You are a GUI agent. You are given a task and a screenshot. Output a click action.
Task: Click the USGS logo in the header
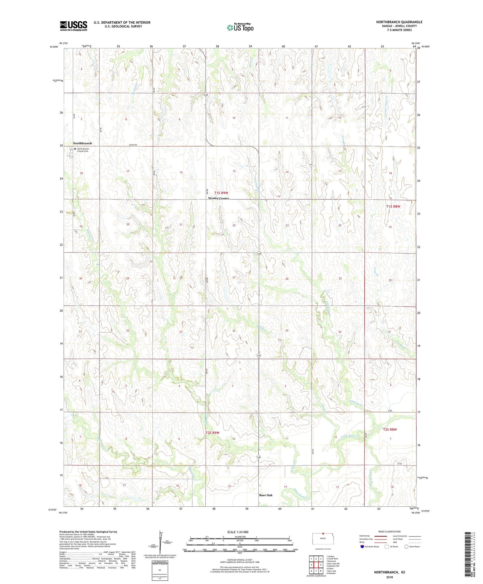[74, 26]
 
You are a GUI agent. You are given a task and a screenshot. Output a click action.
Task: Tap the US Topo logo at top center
[240, 27]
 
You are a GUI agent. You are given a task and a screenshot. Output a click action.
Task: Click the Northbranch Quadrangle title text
[399, 22]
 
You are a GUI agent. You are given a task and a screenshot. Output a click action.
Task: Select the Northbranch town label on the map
[82, 143]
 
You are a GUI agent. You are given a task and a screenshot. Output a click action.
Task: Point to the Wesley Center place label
[218, 198]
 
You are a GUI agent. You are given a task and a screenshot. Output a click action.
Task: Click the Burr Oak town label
[266, 495]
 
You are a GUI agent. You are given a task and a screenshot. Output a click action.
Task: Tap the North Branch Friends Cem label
[83, 150]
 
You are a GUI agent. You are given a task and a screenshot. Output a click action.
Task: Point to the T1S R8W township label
[393, 206]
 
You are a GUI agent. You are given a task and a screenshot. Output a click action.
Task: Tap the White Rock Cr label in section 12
[349, 436]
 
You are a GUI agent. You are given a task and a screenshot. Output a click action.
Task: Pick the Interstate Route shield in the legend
[362, 547]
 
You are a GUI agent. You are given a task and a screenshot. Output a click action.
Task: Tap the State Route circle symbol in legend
[406, 547]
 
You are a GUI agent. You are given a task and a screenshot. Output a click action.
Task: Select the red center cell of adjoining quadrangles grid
[316, 565]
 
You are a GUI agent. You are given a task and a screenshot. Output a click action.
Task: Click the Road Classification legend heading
[390, 531]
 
